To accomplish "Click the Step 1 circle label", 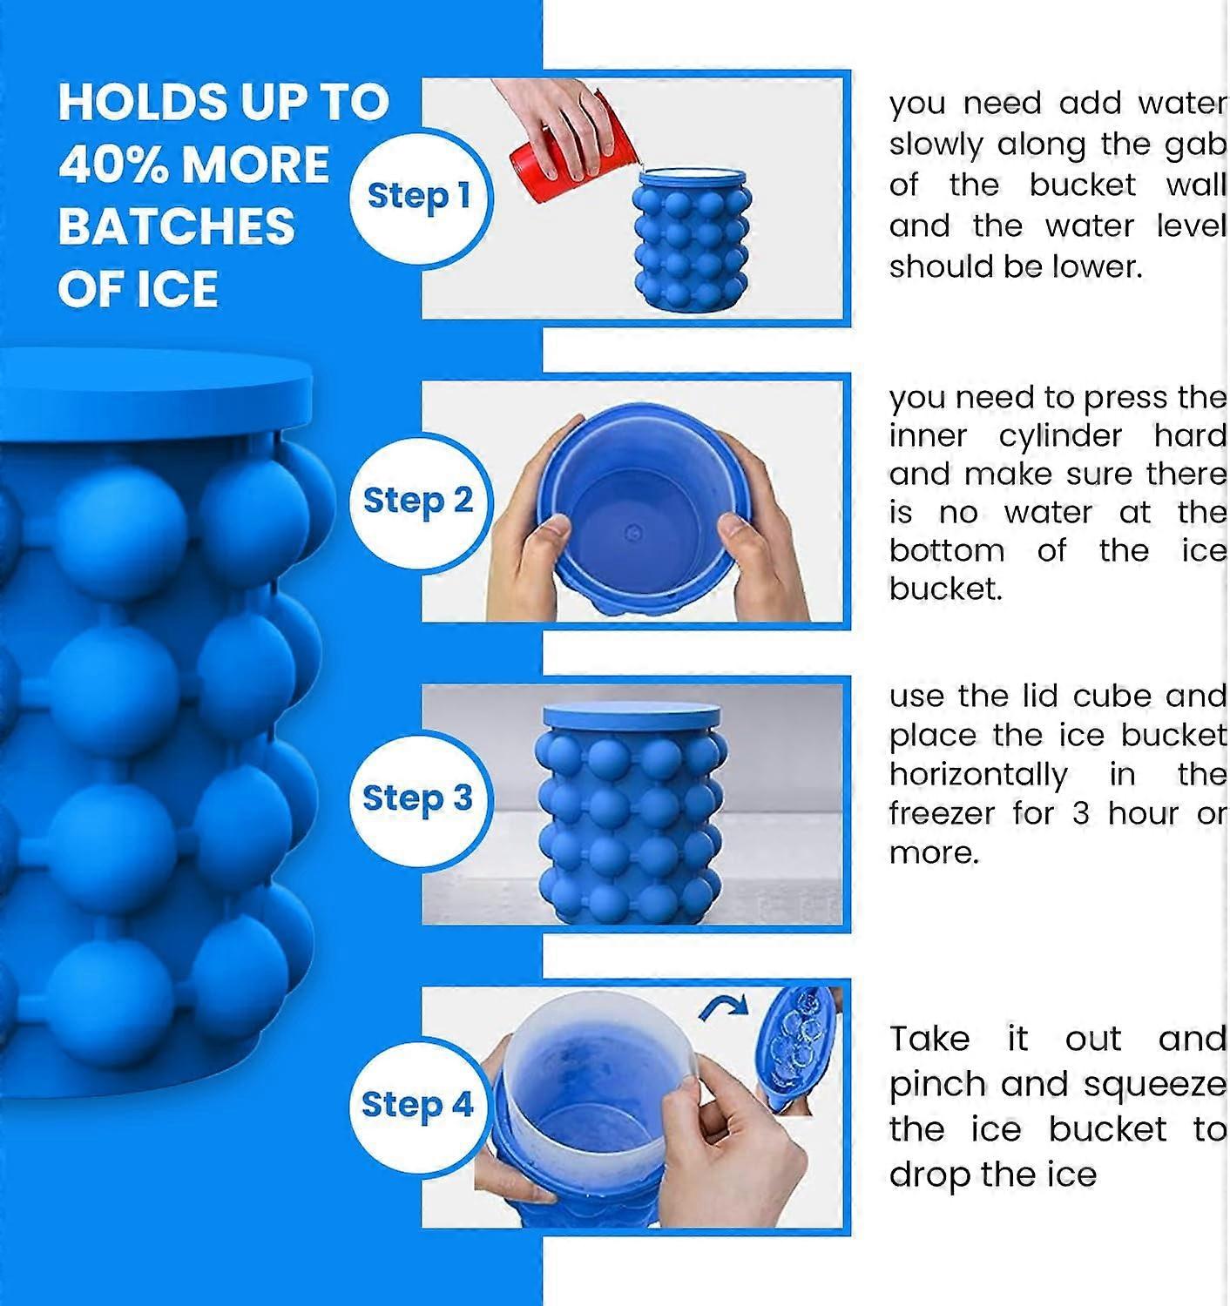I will point(419,197).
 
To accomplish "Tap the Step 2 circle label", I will point(418,502).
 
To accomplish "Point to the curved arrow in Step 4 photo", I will point(723,1008).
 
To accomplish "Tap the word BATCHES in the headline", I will point(177,226).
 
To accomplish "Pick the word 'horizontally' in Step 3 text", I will point(977,775).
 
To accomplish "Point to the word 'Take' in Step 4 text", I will point(929,1040).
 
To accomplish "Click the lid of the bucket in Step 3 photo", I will point(632,716).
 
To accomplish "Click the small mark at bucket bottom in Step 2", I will point(635,532).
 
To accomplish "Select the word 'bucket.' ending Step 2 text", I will point(945,589).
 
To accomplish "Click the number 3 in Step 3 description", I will point(1080,814).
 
